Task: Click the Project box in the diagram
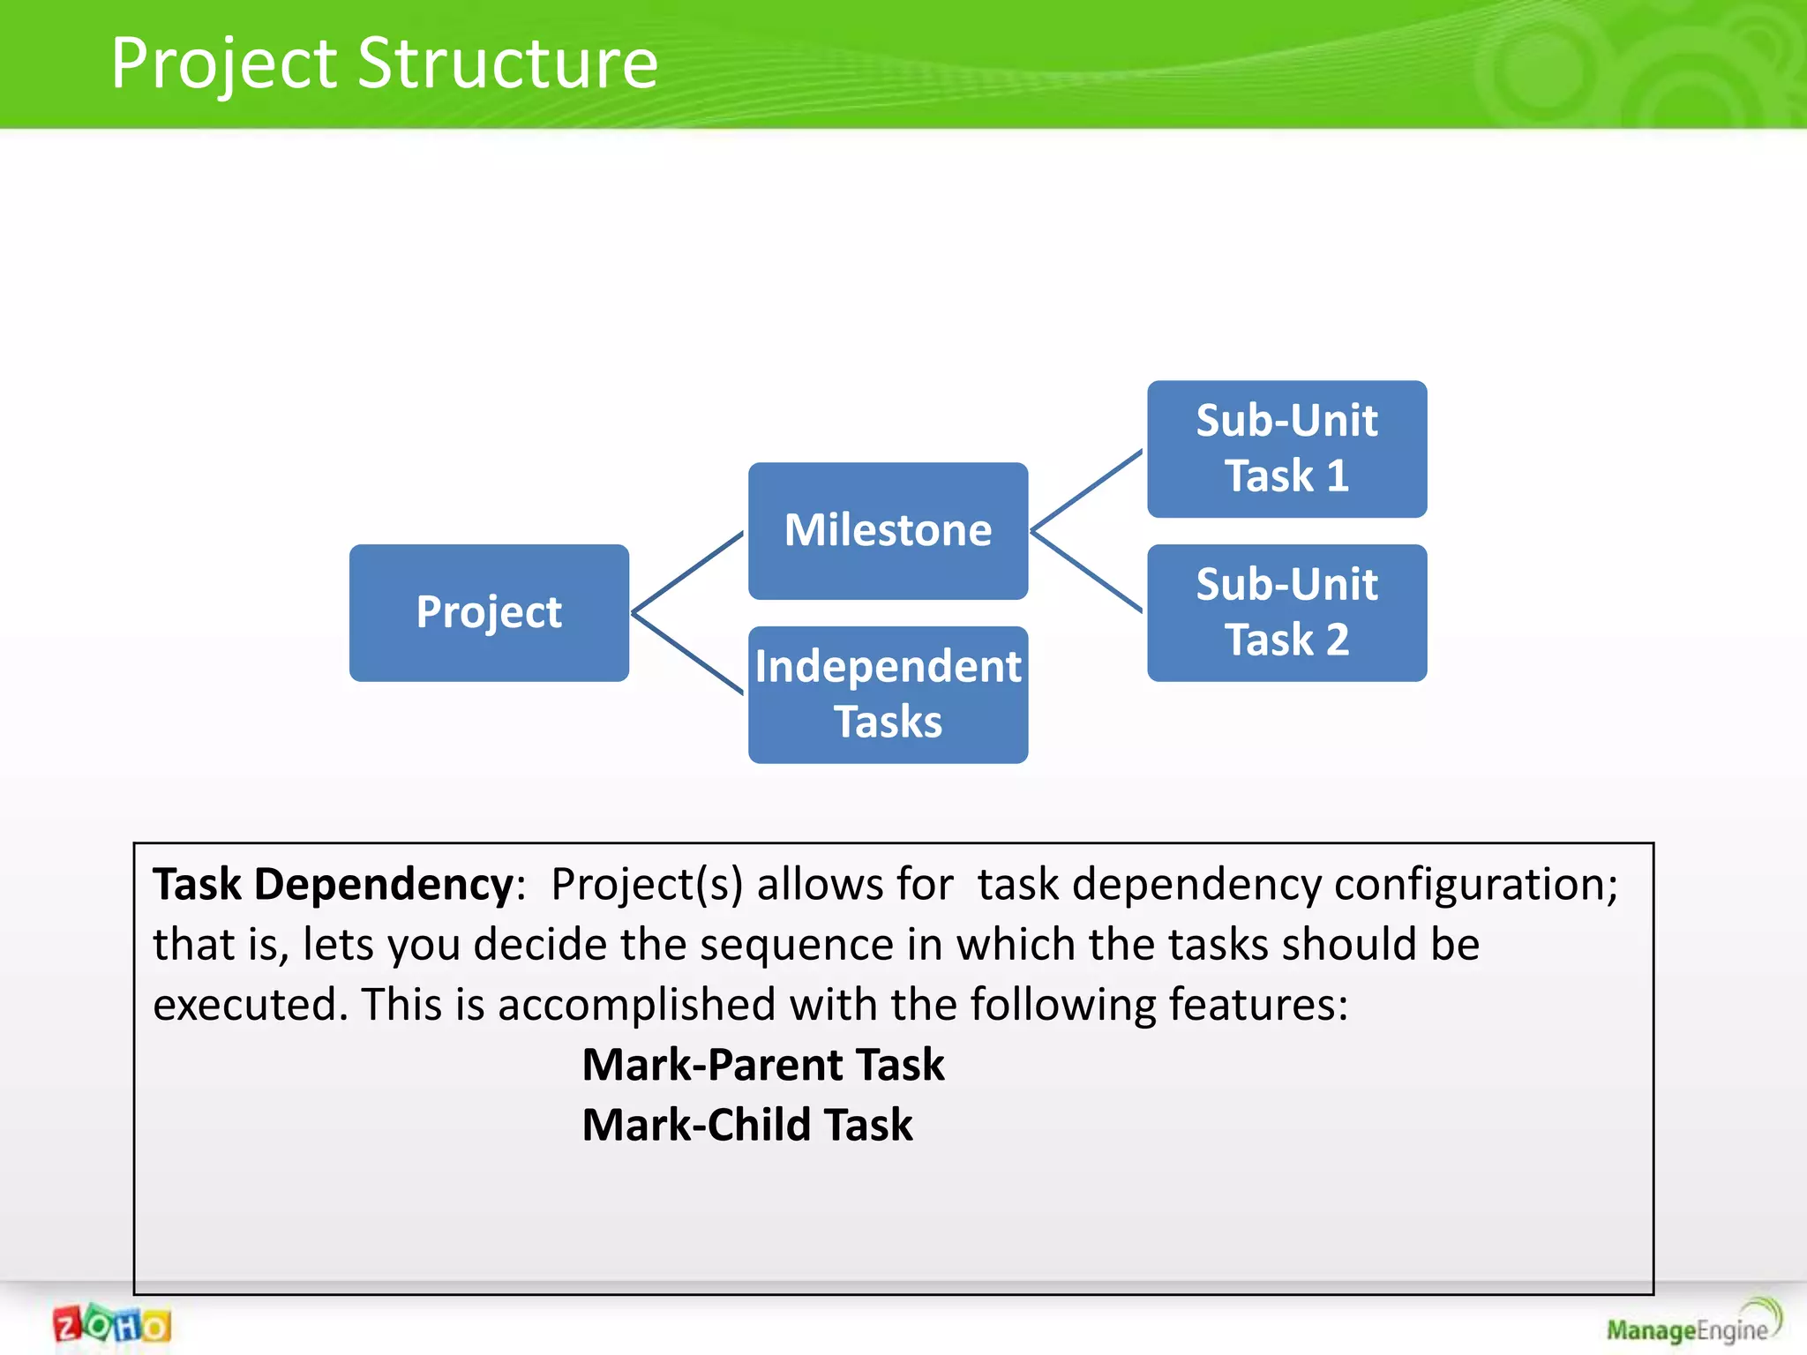[489, 612]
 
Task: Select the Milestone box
[888, 530]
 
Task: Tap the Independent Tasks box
[888, 694]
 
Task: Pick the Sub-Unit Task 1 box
[1286, 448]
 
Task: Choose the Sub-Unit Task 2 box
[1286, 612]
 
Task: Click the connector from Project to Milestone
[688, 572]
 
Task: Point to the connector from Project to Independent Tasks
[688, 653]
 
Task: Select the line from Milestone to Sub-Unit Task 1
[1087, 490]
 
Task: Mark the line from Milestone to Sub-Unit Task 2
[1087, 571]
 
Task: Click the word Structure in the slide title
[508, 64]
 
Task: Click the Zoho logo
[112, 1325]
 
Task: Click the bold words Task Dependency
[334, 884]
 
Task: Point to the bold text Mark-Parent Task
[763, 1064]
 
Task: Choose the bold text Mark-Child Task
[747, 1125]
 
